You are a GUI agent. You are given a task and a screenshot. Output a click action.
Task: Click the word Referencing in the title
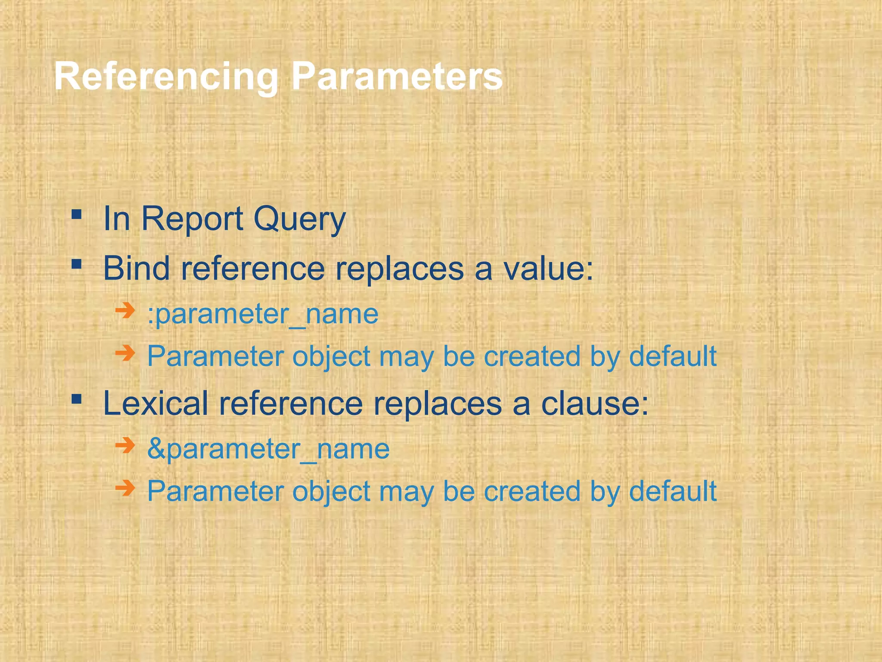[x=166, y=77]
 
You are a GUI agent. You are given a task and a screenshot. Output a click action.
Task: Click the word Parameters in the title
[x=396, y=77]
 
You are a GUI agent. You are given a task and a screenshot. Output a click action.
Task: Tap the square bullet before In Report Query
[x=77, y=214]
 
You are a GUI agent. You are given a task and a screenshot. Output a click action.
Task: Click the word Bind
[x=136, y=268]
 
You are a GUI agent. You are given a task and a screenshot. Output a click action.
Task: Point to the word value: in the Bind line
[x=548, y=268]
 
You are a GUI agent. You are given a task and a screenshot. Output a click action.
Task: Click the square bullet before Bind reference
[x=77, y=263]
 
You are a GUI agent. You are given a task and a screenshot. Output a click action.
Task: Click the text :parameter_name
[x=263, y=314]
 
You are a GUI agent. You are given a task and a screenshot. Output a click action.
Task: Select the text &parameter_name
[x=268, y=449]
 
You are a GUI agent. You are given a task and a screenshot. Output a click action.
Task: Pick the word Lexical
[x=155, y=403]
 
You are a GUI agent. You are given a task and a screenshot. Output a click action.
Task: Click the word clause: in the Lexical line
[x=594, y=403]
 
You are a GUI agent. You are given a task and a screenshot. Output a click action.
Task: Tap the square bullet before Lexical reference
[x=77, y=399]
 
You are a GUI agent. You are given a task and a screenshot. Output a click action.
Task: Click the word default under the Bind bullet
[x=673, y=356]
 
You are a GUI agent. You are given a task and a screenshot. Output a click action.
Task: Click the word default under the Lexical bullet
[x=673, y=491]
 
